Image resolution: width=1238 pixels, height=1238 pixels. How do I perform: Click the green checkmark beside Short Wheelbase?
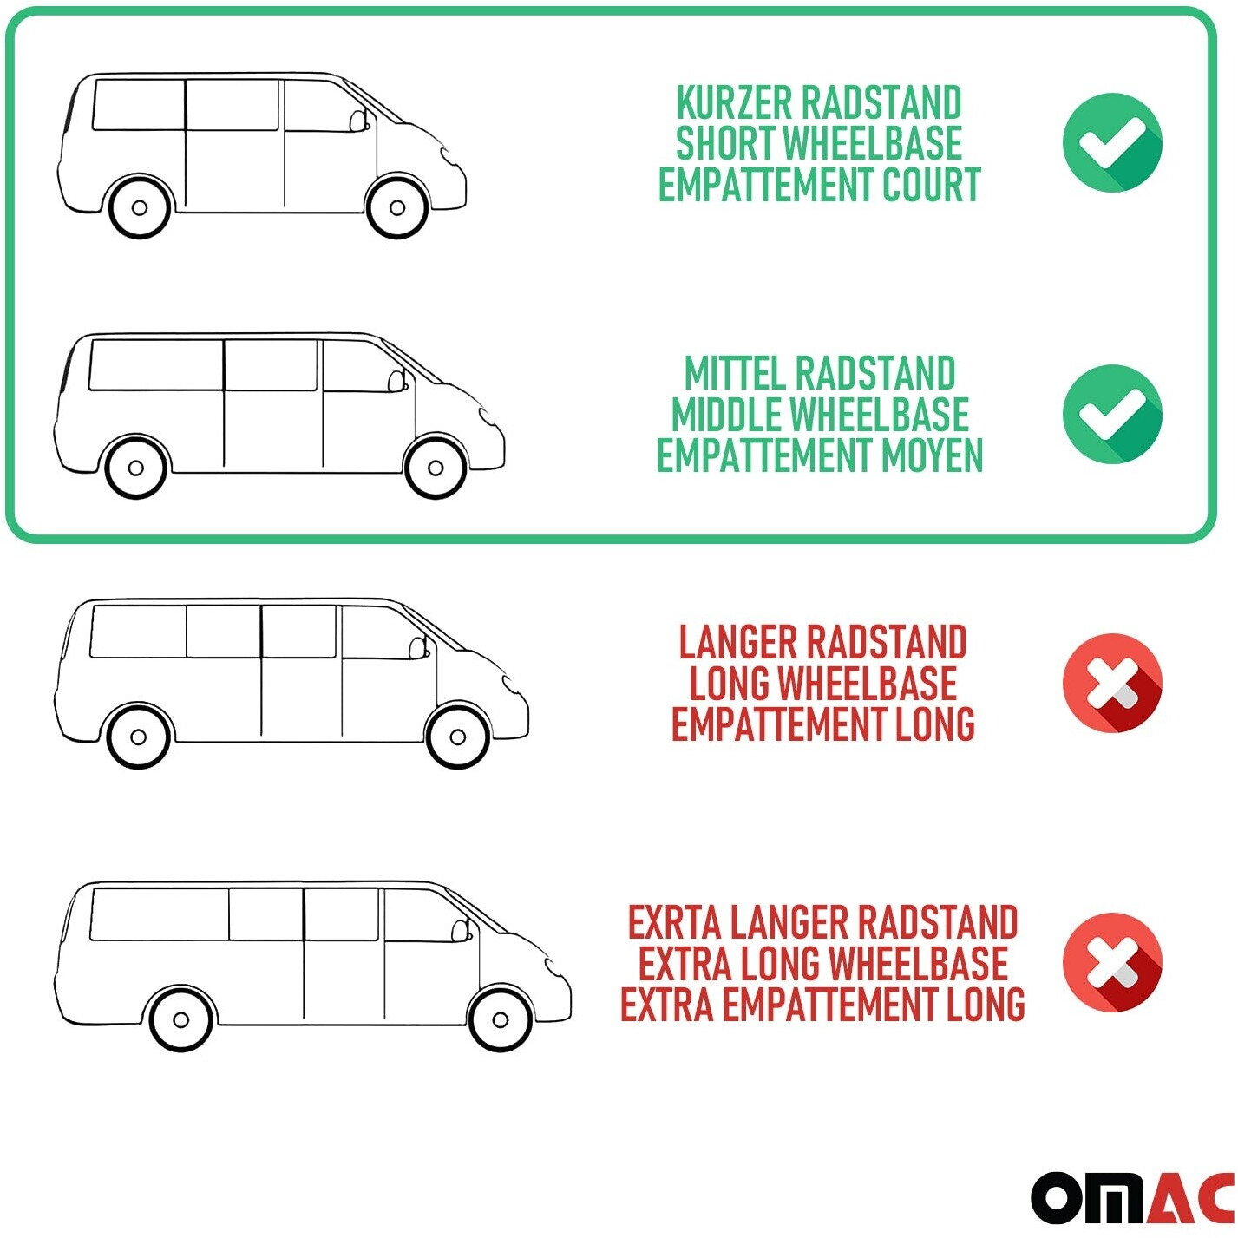(1112, 142)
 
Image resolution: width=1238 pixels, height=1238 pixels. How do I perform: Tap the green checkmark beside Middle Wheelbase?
(1112, 414)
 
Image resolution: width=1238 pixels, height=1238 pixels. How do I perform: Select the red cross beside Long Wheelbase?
(1112, 683)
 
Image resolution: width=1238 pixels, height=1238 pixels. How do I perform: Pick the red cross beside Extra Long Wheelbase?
(1112, 962)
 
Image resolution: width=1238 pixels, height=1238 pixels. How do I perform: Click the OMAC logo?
(1132, 1197)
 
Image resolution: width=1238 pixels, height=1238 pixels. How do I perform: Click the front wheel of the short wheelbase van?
(397, 207)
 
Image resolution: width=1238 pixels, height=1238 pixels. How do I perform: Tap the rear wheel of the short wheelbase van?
(140, 207)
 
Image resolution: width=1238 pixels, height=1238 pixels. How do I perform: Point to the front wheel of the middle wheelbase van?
(435, 468)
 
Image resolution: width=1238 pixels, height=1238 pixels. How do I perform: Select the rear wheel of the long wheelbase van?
(138, 737)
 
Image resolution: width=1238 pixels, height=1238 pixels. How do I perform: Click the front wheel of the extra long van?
(501, 1019)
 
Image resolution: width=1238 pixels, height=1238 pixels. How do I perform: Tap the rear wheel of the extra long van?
(181, 1019)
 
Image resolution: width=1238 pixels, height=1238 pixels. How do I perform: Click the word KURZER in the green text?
(732, 102)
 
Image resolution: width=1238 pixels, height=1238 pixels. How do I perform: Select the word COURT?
(931, 185)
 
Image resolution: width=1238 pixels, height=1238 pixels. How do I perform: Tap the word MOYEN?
(933, 455)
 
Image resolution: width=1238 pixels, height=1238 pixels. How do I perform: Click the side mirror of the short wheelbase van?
(357, 121)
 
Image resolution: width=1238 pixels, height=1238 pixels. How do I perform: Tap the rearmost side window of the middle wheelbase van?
(155, 365)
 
